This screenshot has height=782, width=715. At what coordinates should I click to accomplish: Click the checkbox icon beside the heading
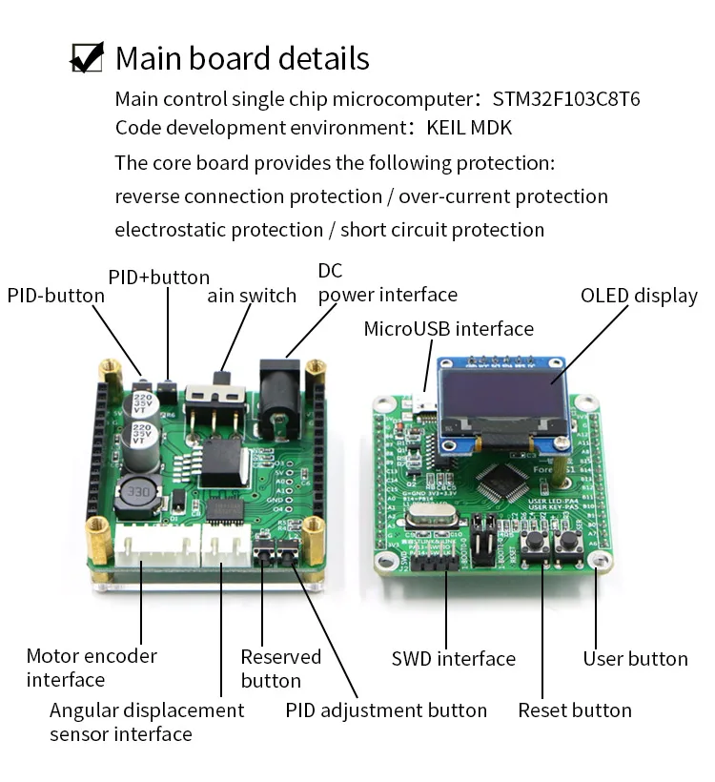(88, 57)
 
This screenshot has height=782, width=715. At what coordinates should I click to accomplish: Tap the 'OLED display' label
(639, 296)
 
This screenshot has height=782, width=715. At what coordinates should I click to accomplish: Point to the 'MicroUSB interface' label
(448, 329)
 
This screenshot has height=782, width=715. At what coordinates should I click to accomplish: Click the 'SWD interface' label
(453, 659)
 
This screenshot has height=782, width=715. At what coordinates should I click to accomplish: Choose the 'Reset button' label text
(574, 710)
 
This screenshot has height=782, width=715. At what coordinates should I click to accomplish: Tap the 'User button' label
(635, 659)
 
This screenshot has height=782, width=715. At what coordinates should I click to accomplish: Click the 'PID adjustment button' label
(386, 710)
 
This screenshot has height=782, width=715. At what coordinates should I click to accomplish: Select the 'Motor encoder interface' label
(92, 668)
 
